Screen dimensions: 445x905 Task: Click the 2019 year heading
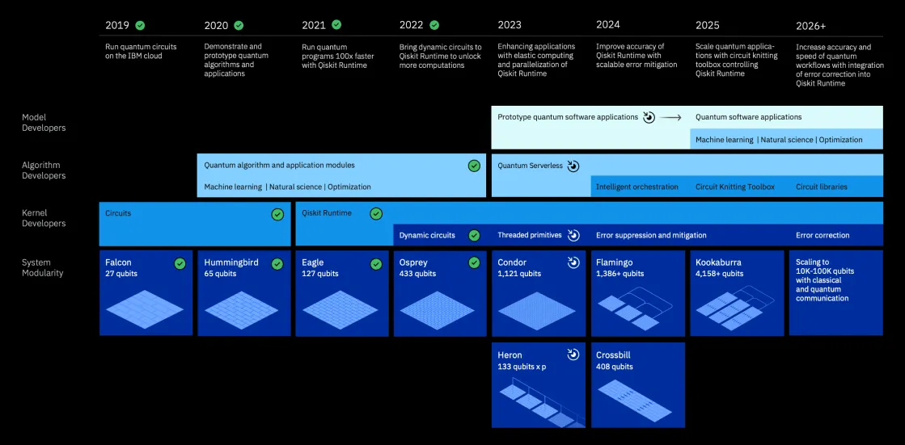117,26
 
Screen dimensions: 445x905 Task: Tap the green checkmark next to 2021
336,25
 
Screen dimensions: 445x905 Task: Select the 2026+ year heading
810,26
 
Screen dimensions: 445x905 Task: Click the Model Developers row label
44,123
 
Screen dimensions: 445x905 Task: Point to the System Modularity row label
42,267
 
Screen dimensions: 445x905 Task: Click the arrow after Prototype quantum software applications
670,117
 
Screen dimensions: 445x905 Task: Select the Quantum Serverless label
530,166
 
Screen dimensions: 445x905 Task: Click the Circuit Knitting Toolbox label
734,187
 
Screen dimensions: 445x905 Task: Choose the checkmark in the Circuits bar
277,214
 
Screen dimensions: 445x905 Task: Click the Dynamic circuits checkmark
474,235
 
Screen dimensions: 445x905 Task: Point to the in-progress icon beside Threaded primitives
573,235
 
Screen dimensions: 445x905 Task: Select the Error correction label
823,235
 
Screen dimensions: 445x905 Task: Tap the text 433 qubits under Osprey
417,274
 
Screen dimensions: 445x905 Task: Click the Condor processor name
511,262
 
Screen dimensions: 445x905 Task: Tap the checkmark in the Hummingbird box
277,264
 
